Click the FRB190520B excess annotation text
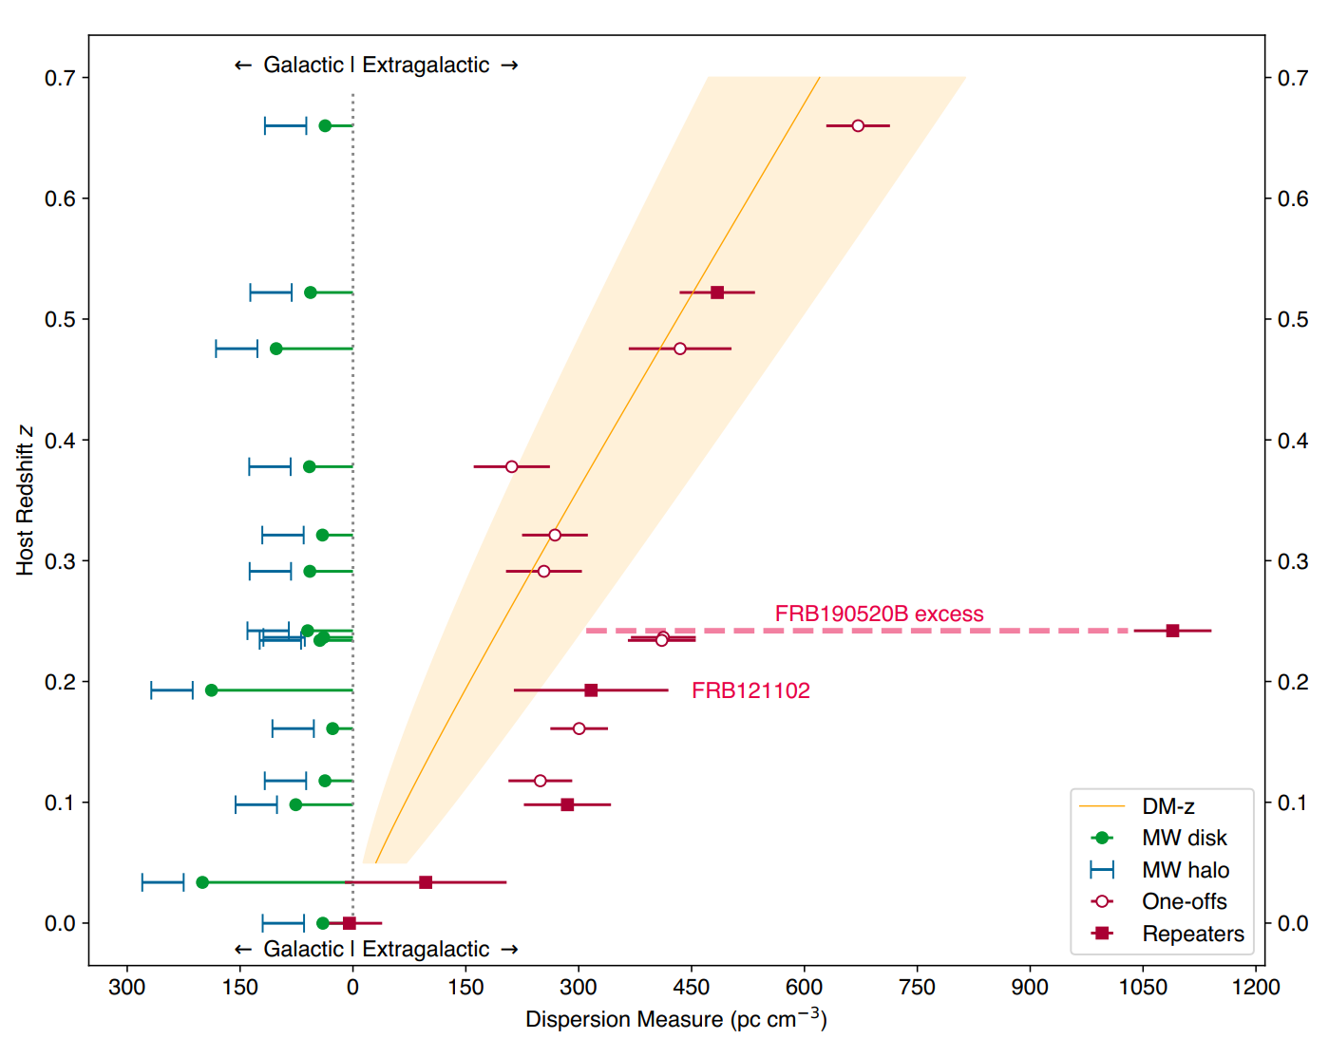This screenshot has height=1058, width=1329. click(879, 614)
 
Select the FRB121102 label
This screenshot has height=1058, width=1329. click(750, 690)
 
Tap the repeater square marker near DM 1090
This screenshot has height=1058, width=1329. click(1172, 631)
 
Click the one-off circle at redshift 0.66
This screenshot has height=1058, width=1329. click(858, 125)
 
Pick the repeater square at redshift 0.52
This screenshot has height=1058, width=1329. click(717, 293)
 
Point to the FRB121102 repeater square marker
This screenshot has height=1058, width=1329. click(591, 690)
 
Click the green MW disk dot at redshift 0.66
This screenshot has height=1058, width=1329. click(325, 125)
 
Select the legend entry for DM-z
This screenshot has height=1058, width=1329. click(1168, 806)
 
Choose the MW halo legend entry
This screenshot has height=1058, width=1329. click(1185, 870)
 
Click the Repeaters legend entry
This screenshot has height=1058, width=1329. click(1192, 934)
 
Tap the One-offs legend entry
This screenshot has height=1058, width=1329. click(1184, 901)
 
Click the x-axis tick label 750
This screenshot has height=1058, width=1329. click(917, 988)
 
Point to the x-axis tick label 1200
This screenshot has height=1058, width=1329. click(1256, 988)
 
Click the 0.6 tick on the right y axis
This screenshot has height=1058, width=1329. click(1292, 198)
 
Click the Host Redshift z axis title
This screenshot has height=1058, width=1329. click(25, 501)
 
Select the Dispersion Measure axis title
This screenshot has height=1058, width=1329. click(675, 1019)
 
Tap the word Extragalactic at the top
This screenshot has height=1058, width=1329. click(426, 65)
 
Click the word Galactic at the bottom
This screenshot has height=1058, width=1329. click(303, 949)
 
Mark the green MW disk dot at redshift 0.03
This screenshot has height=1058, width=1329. click(202, 882)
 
